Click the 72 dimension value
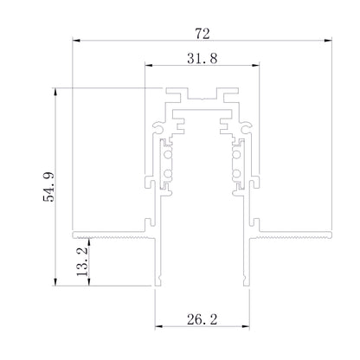[x=202, y=34]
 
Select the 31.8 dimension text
[x=202, y=59]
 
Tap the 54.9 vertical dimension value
[x=48, y=187]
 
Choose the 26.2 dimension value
[x=202, y=319]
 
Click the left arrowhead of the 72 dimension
[x=76, y=41]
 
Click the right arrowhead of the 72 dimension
[x=328, y=41]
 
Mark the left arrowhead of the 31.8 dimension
[x=149, y=66]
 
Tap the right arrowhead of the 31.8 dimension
[x=255, y=66]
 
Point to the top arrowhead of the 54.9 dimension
[x=55, y=92]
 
